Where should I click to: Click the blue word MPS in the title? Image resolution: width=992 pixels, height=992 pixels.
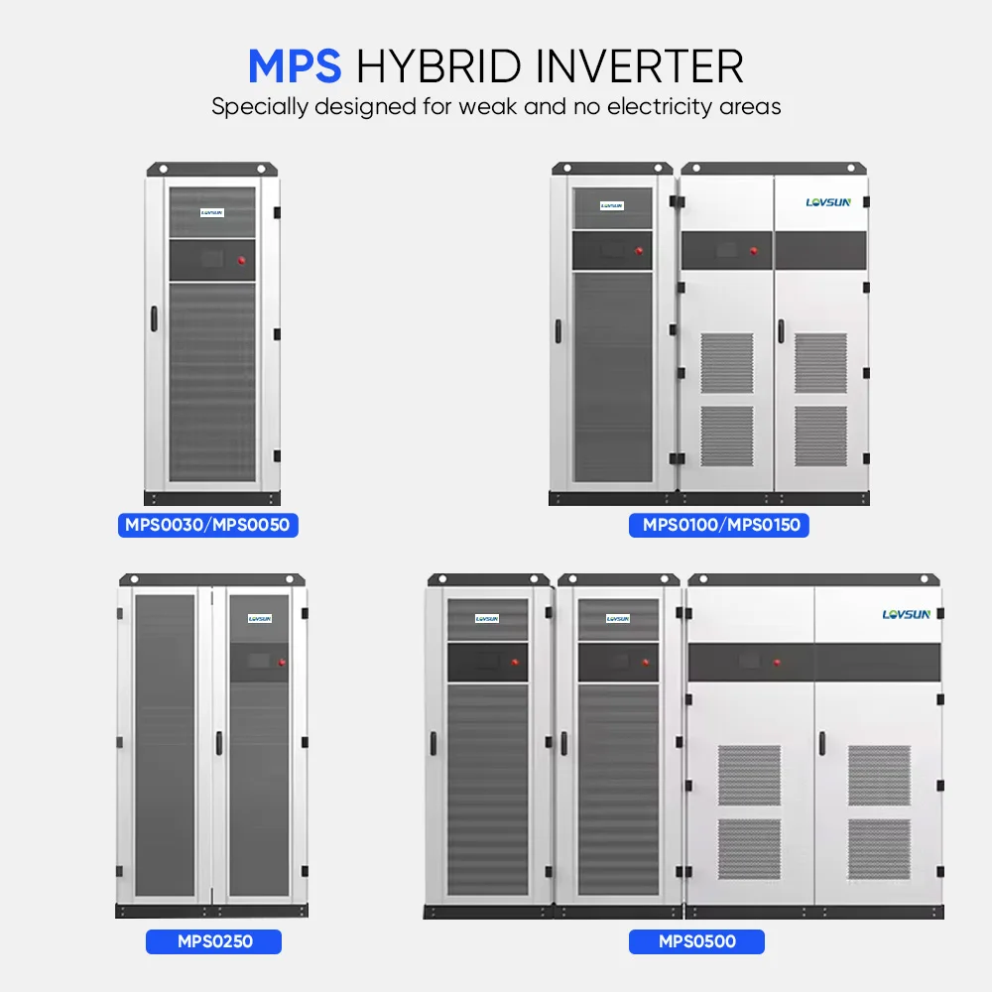pyautogui.click(x=295, y=66)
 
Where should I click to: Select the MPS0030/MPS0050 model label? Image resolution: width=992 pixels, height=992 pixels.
pyautogui.click(x=207, y=525)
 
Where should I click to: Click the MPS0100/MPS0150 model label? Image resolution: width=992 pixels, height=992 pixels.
pyautogui.click(x=719, y=525)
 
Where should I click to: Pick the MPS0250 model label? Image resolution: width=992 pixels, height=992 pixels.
pyautogui.click(x=213, y=940)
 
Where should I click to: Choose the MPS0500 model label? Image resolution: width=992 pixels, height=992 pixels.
pyautogui.click(x=696, y=940)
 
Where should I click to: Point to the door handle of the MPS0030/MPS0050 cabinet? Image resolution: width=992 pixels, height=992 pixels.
pyautogui.click(x=154, y=319)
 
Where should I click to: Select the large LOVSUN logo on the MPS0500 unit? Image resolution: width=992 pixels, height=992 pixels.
pyautogui.click(x=906, y=615)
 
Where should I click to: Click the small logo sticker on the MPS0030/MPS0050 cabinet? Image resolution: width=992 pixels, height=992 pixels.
pyautogui.click(x=211, y=211)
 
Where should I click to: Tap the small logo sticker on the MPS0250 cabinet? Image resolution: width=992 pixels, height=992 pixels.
pyautogui.click(x=260, y=618)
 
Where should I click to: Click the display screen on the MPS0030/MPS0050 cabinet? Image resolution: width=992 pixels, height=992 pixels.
pyautogui.click(x=211, y=260)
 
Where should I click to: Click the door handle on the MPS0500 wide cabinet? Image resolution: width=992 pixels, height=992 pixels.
pyautogui.click(x=821, y=744)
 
